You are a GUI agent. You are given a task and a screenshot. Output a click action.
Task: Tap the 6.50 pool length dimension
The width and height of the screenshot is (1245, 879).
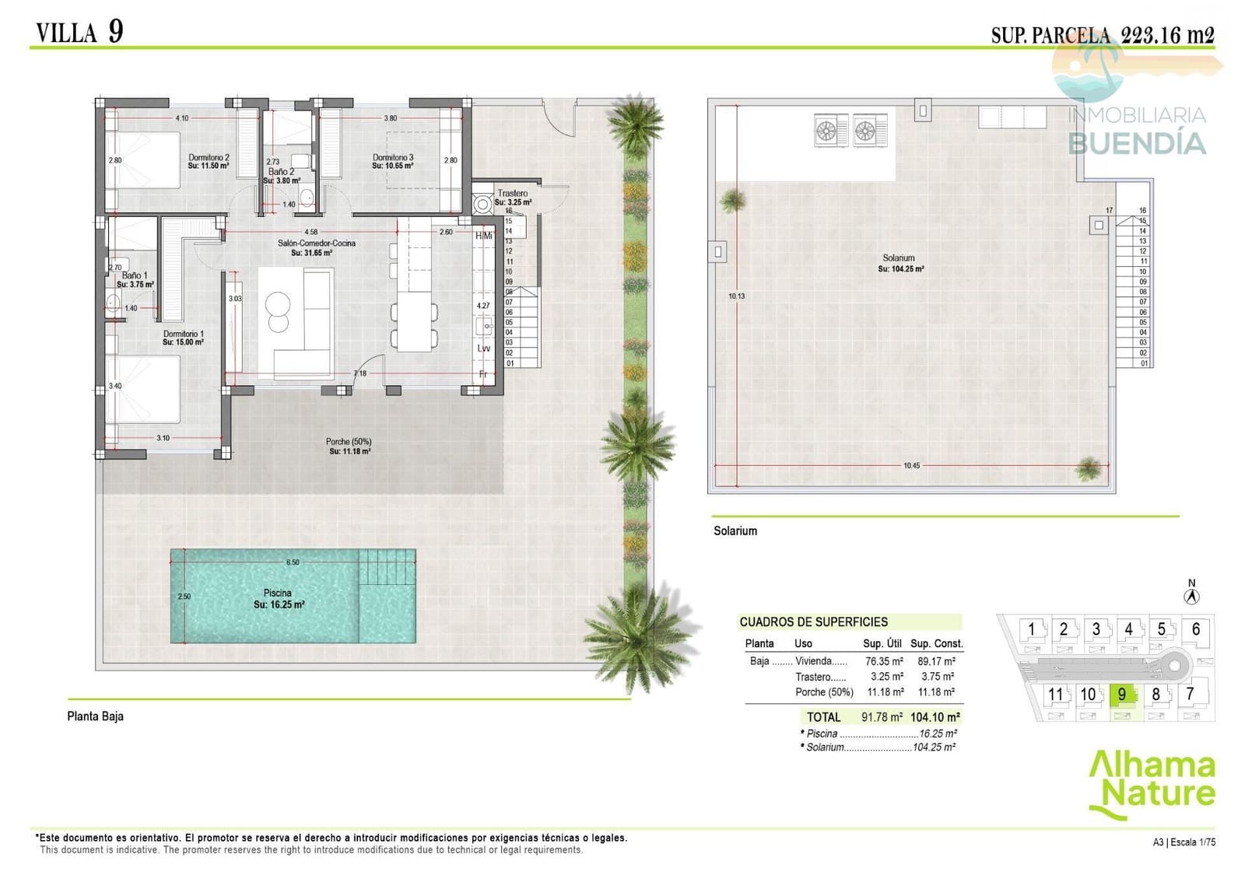click(293, 562)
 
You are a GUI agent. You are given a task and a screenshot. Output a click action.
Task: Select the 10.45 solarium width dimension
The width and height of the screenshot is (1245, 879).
click(911, 466)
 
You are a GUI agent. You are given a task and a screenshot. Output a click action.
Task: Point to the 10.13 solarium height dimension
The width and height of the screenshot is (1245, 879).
click(736, 296)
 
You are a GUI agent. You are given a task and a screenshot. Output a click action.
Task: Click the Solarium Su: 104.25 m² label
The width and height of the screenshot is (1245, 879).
click(900, 263)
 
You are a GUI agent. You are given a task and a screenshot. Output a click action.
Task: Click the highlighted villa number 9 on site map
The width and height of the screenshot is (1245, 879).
click(1121, 695)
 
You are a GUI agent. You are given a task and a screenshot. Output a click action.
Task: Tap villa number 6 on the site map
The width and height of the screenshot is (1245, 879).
click(1195, 629)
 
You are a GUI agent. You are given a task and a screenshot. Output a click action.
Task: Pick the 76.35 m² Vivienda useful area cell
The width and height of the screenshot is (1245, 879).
click(884, 661)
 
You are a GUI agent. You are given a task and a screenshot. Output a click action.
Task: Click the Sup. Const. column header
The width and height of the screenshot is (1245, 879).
click(936, 643)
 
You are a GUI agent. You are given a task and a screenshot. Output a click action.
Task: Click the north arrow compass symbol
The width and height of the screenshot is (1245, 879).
click(1191, 597)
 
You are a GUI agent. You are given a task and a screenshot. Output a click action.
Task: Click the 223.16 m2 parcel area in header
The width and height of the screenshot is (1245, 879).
click(1167, 34)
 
